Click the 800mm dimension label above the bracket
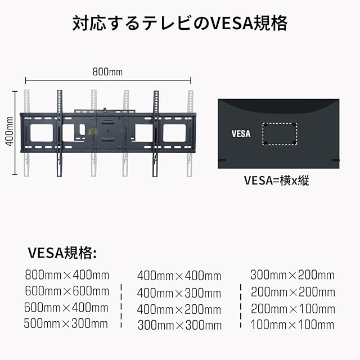[107, 72]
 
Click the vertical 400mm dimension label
[10, 131]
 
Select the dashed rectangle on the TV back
[280, 133]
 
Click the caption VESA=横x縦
[276, 181]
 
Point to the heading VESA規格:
[62, 253]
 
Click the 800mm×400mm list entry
[67, 275]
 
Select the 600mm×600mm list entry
[67, 291]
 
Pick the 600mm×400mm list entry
[67, 308]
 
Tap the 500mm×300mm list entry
[67, 323]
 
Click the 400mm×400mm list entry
[179, 276]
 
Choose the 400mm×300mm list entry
[179, 292]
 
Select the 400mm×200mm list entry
[179, 309]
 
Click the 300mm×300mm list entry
[179, 325]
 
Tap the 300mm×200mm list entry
[292, 275]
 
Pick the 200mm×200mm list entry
[292, 292]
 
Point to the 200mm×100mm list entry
[292, 308]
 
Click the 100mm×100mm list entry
[292, 325]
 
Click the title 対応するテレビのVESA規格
[180, 24]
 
